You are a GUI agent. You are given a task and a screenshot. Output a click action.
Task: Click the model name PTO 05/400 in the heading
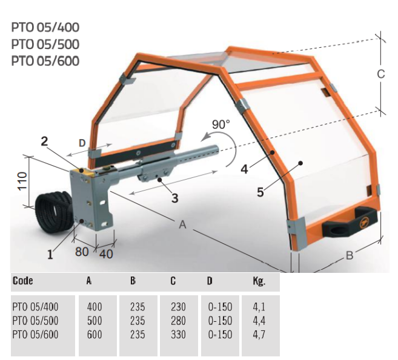45,27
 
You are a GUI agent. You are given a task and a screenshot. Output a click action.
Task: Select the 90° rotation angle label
221,124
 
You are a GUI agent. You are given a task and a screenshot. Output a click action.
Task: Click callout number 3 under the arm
174,197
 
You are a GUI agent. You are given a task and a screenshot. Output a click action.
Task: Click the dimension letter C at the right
380,74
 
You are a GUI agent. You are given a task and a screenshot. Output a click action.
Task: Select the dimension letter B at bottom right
349,256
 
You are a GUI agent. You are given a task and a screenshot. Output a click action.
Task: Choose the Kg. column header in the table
259,281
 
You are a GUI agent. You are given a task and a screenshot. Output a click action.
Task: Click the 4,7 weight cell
259,334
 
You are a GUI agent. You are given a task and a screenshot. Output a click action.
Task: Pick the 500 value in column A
95,321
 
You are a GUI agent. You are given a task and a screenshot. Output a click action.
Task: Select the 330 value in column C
178,334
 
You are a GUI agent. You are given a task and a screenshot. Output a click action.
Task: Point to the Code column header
22,281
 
